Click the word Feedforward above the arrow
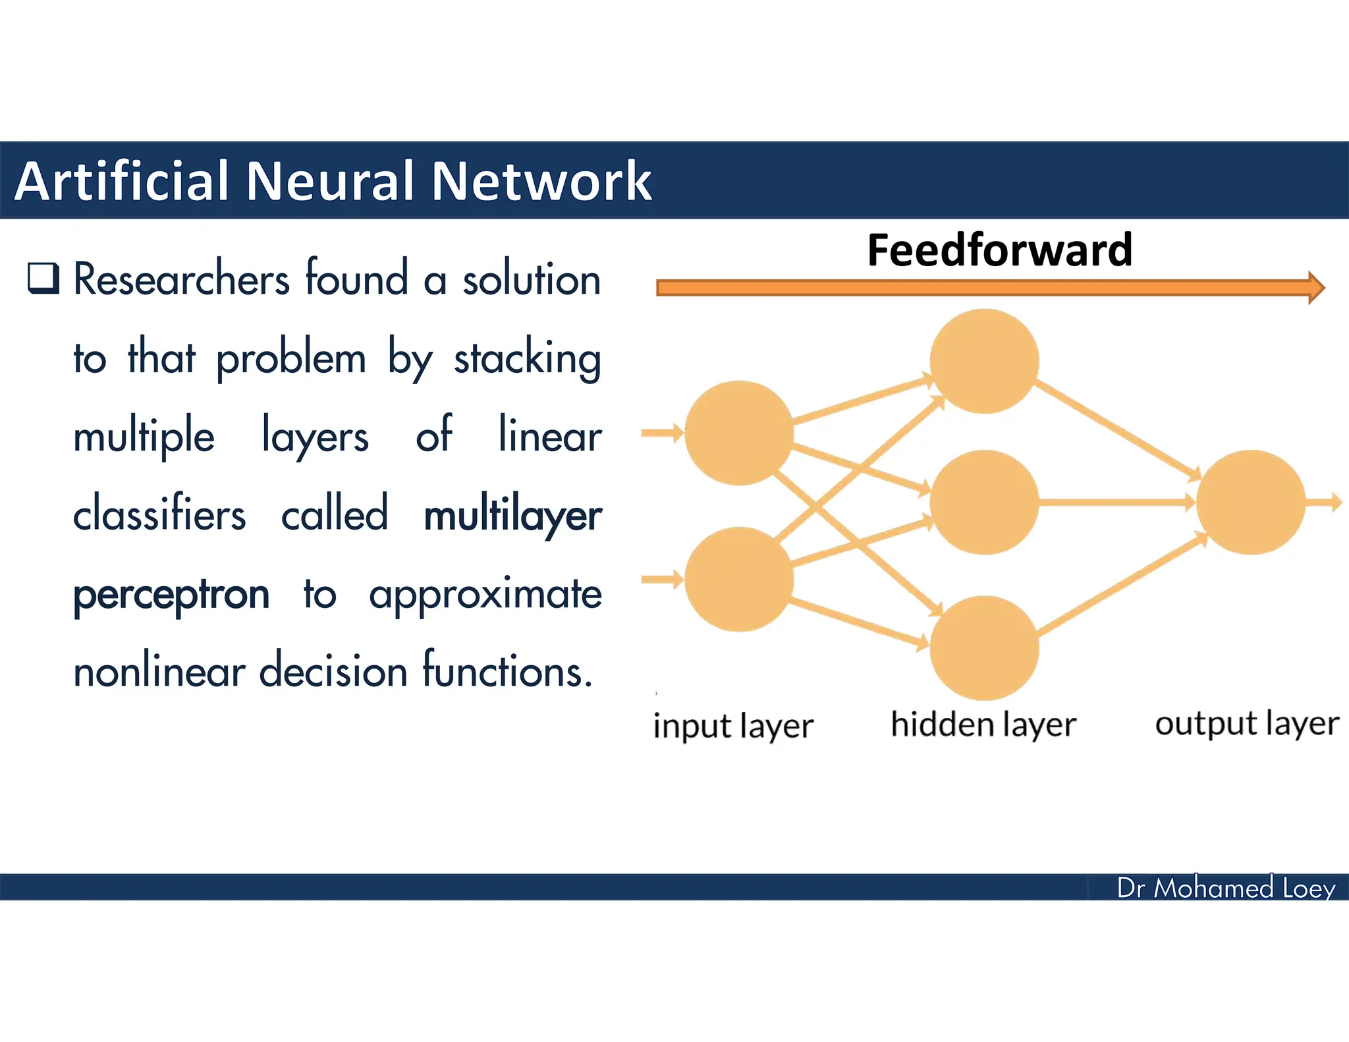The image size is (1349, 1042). click(x=999, y=251)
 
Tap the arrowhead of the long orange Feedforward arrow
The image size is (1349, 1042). click(x=1315, y=287)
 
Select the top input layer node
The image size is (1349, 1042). click(x=738, y=433)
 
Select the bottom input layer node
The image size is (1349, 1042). click(x=738, y=579)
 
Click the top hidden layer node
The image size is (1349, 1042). click(x=984, y=361)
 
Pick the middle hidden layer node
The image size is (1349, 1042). click(x=984, y=502)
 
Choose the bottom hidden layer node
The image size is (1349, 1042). click(x=984, y=647)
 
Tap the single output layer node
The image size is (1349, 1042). click(x=1250, y=502)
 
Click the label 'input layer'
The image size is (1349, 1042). click(x=733, y=726)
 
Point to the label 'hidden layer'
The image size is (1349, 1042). click(x=983, y=725)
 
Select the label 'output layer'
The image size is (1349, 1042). click(x=1247, y=723)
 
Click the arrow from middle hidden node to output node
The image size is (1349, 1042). click(x=1116, y=503)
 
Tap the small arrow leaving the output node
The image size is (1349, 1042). click(x=1325, y=502)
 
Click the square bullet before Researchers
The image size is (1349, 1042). click(x=43, y=278)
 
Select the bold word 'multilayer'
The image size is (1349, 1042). click(x=512, y=515)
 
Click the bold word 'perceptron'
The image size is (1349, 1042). click(x=171, y=594)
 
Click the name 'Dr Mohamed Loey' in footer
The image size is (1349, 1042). click(x=1225, y=888)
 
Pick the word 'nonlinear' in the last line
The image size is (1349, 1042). click(x=159, y=672)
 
